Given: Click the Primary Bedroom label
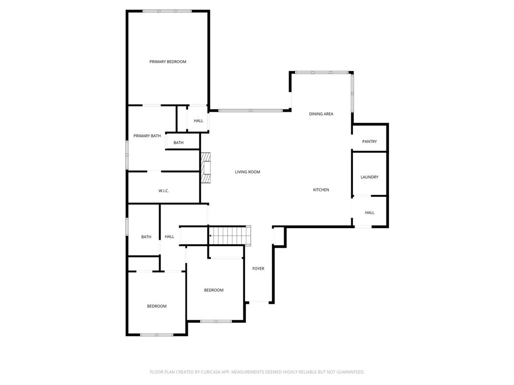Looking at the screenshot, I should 168,62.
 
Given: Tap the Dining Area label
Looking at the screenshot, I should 321,114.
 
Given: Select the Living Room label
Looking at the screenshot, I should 247,172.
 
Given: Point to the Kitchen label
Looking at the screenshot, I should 321,189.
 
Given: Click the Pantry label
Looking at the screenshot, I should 369,141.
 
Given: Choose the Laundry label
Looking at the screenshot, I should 369,177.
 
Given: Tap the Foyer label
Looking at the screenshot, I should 258,269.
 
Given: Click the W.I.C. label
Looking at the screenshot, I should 164,190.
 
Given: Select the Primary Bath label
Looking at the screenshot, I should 147,136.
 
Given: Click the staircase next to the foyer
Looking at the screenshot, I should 229,235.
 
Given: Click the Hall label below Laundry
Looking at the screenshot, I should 369,213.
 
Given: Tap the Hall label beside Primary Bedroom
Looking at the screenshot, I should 198,120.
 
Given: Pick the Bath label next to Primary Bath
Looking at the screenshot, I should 178,142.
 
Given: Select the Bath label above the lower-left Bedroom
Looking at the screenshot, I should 146,237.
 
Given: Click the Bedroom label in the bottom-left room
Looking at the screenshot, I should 157,306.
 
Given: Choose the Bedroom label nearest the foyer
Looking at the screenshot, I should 213,290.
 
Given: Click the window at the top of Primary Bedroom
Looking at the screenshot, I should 167,11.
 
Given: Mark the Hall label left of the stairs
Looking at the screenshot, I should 170,237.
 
